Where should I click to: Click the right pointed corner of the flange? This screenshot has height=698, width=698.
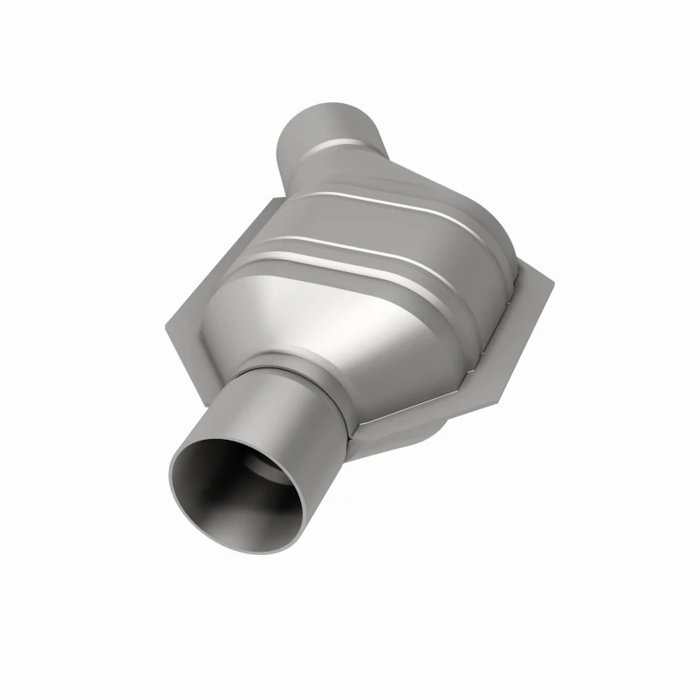pyautogui.click(x=551, y=281)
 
